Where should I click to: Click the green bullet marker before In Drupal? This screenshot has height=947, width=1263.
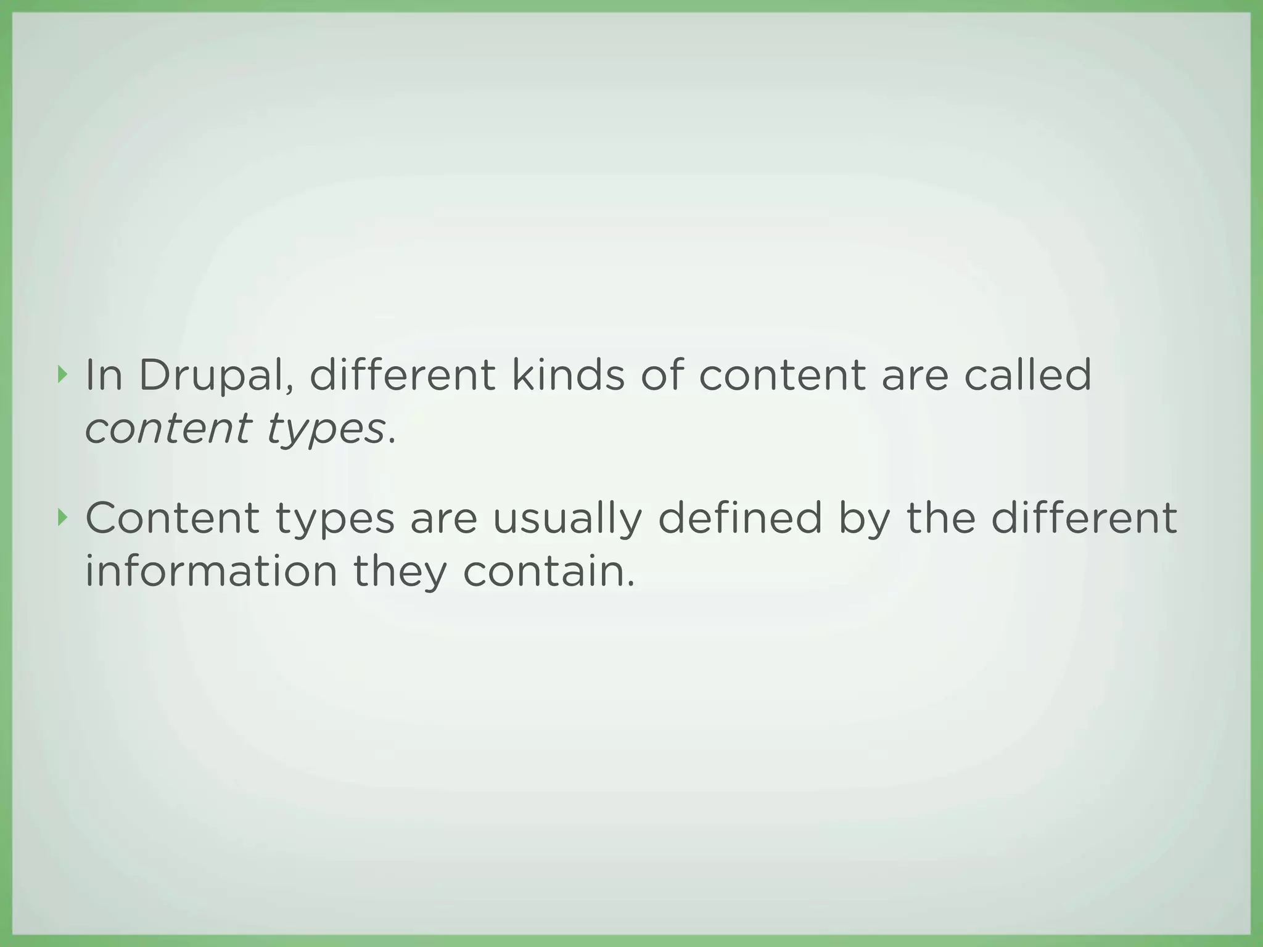coord(60,374)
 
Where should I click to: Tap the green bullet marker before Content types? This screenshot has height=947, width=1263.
coord(60,518)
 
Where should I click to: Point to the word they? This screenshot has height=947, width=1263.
coord(400,572)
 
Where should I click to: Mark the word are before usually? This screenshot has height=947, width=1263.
coord(443,519)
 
